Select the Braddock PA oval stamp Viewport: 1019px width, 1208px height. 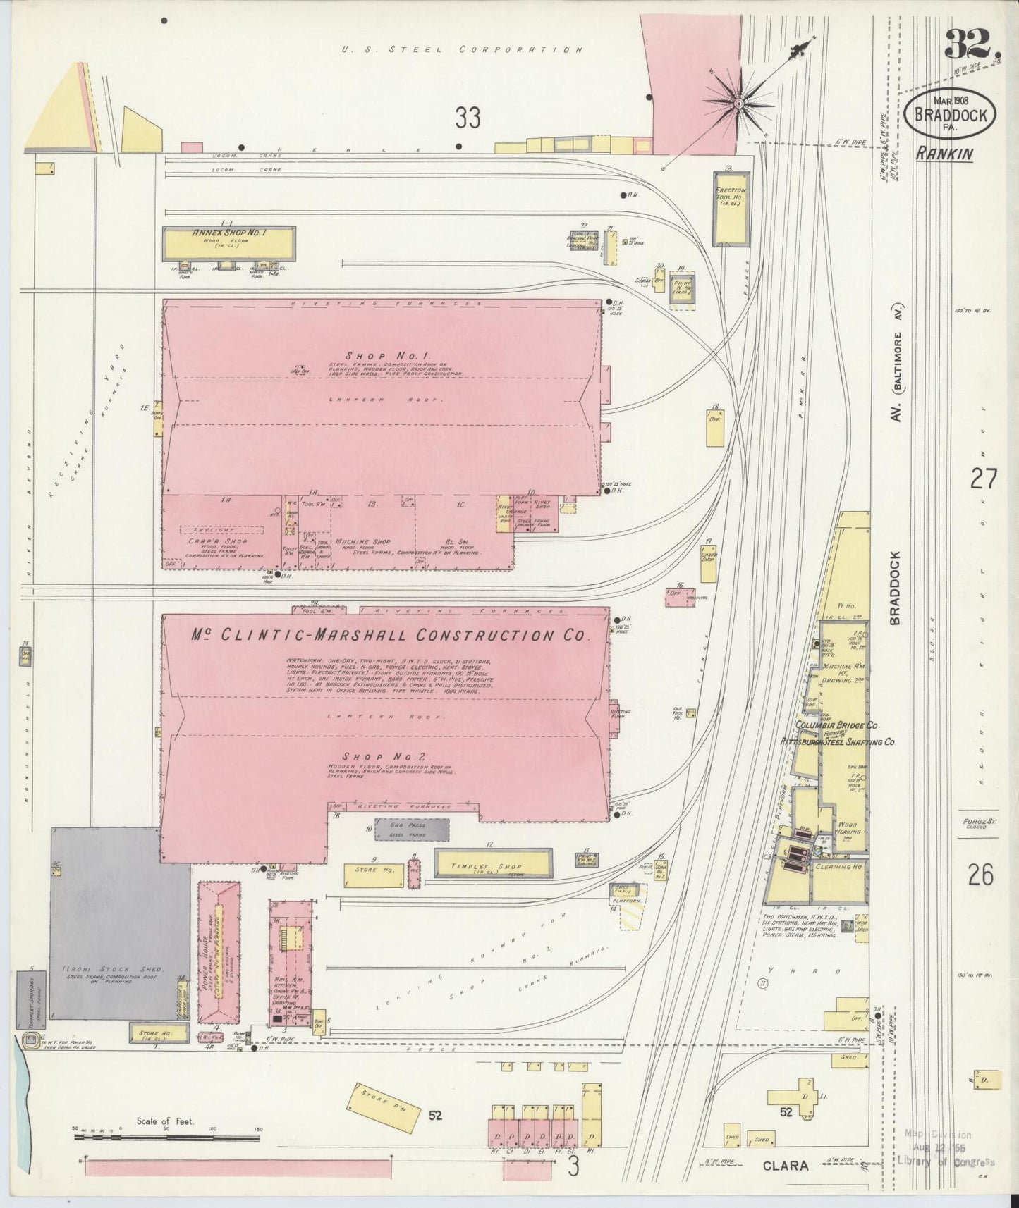[x=952, y=114]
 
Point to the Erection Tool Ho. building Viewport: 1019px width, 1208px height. [x=730, y=209]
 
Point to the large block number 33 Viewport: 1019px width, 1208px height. [x=467, y=118]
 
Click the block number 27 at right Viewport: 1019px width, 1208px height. [x=983, y=480]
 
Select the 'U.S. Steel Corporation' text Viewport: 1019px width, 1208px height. [x=462, y=50]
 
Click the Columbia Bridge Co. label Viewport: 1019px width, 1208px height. [x=836, y=725]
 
